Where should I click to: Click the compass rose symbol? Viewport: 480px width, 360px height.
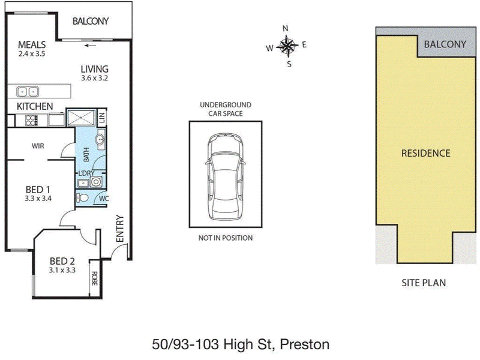(x=288, y=46)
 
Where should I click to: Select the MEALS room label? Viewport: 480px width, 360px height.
(x=32, y=44)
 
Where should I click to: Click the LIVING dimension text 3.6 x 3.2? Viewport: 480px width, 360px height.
(x=94, y=78)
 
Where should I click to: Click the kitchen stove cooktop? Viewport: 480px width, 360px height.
(x=31, y=119)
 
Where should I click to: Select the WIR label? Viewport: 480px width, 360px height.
(x=38, y=146)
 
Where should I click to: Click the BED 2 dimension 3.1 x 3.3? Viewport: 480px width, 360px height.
(x=62, y=270)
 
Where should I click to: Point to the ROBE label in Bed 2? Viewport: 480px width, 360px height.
(x=94, y=278)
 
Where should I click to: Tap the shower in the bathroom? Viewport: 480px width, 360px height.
(x=80, y=117)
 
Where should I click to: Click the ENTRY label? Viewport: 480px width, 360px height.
(x=119, y=229)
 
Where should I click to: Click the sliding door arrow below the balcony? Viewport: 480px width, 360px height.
(x=91, y=45)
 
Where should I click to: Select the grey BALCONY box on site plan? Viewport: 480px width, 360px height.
(x=445, y=44)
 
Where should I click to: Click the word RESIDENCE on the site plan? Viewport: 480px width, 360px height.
(x=425, y=153)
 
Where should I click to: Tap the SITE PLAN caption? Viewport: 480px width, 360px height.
(x=424, y=283)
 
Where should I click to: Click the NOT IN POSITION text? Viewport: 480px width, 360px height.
(x=225, y=238)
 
